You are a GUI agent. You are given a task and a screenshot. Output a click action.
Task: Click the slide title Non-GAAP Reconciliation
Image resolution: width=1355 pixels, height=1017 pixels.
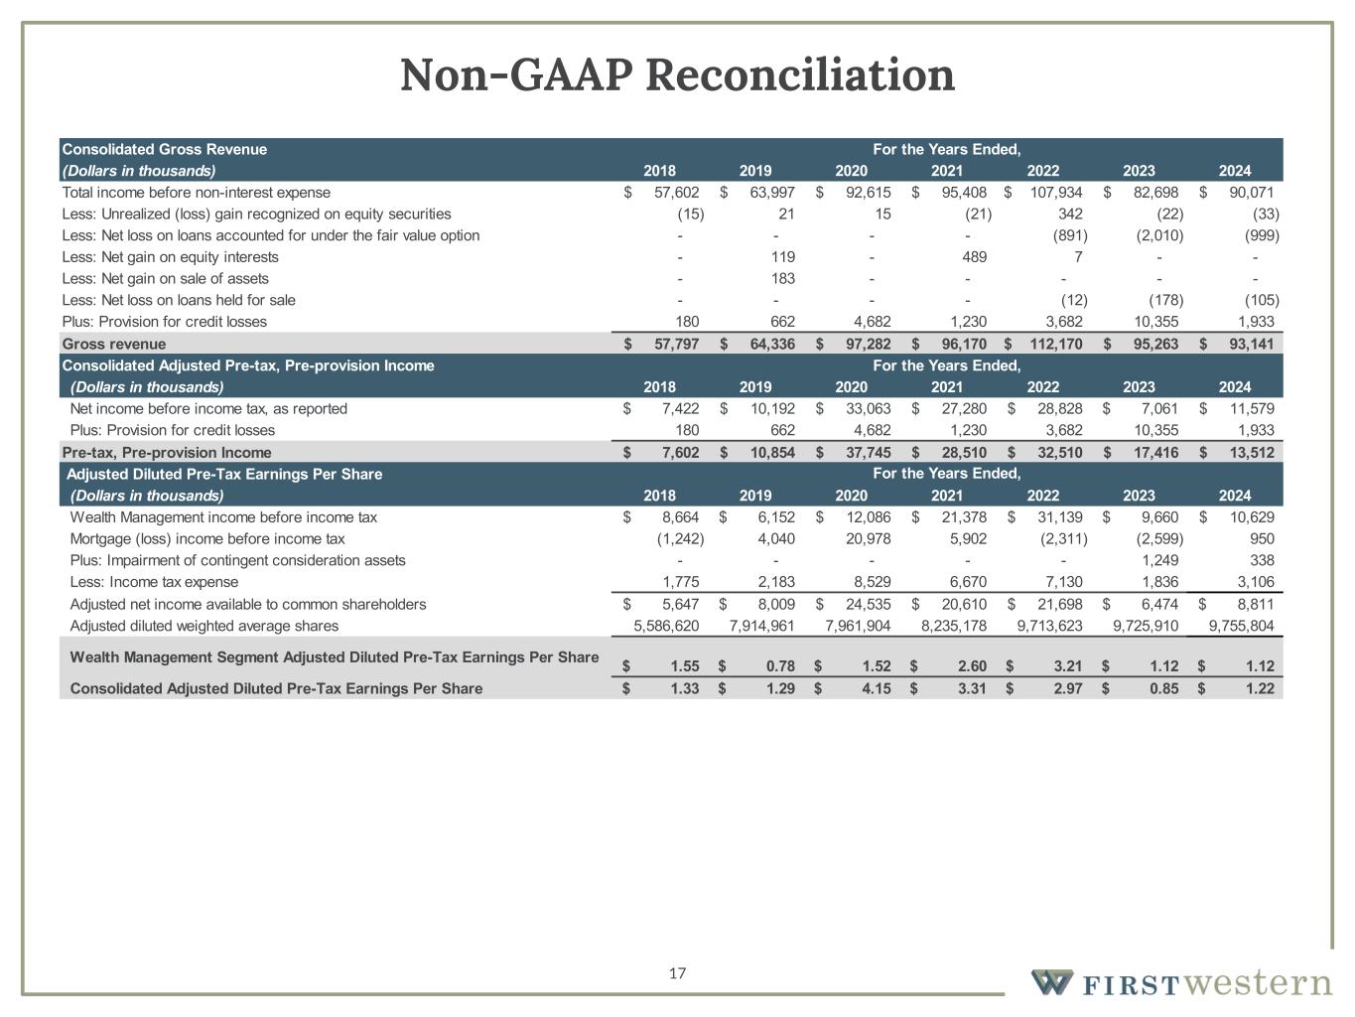[677, 75]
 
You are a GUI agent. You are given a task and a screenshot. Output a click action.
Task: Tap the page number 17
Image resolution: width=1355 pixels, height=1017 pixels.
[677, 973]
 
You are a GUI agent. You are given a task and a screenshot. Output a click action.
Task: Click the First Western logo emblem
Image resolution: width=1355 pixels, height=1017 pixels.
[1051, 982]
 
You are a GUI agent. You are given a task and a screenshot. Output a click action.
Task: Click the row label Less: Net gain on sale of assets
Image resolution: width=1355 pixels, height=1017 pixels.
[165, 278]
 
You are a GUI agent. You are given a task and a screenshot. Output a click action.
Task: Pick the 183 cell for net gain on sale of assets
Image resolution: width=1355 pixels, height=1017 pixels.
[782, 278]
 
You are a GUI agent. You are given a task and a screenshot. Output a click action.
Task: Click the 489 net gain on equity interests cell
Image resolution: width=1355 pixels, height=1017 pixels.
[974, 257]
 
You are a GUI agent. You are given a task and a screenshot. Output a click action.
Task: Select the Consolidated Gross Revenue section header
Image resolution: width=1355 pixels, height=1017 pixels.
[165, 149]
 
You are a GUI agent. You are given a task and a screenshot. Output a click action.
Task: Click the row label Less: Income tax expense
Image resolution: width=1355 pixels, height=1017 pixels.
[154, 582]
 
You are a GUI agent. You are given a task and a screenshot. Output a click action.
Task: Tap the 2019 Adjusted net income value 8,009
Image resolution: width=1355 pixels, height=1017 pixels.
[774, 604]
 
